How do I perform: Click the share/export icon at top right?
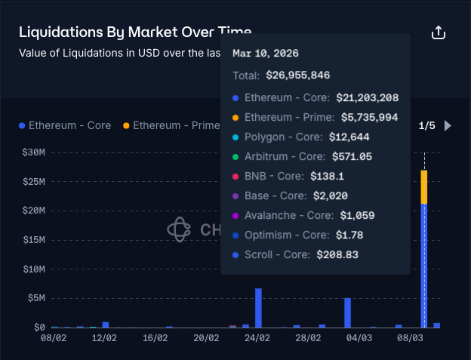pyautogui.click(x=439, y=33)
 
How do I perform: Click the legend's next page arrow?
pyautogui.click(x=448, y=126)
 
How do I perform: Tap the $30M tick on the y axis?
pyautogui.click(x=33, y=152)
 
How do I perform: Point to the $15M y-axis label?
pyautogui.click(x=33, y=240)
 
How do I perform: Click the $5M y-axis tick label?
pyautogui.click(x=35, y=299)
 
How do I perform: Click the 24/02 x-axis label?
pyautogui.click(x=257, y=339)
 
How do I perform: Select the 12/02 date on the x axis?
pyautogui.click(x=104, y=339)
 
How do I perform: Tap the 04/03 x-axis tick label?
pyautogui.click(x=359, y=339)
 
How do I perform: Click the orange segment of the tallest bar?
pyautogui.click(x=424, y=186)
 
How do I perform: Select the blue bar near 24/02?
pyautogui.click(x=258, y=308)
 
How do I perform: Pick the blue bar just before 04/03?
pyautogui.click(x=347, y=312)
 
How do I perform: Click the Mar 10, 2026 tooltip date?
pyautogui.click(x=265, y=54)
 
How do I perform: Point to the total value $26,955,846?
pyautogui.click(x=297, y=75)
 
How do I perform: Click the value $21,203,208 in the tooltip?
pyautogui.click(x=367, y=98)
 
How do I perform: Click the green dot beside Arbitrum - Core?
pyautogui.click(x=235, y=157)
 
